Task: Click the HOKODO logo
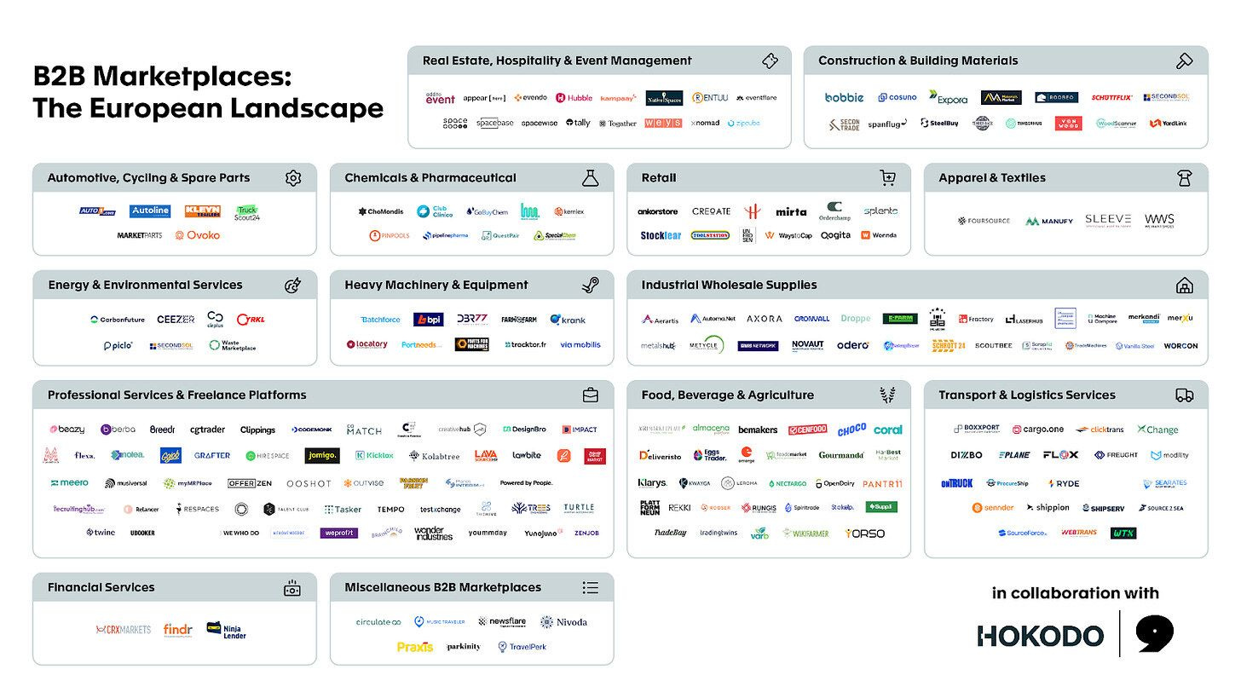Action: point(1040,635)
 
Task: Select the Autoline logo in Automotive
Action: point(150,211)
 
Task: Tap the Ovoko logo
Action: point(198,235)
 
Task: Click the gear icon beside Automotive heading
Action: point(293,178)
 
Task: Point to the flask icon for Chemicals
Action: point(590,178)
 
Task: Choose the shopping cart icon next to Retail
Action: point(887,178)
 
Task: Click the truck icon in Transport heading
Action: point(1184,395)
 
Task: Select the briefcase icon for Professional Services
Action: point(590,395)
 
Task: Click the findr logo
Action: point(178,630)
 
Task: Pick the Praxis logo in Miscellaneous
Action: point(415,647)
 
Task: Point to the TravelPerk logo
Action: point(522,647)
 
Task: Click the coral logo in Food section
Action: point(887,430)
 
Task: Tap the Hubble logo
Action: point(574,98)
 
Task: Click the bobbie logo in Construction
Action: point(844,98)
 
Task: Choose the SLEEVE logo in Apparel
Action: point(1108,220)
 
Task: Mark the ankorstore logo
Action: point(658,211)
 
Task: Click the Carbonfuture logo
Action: point(118,320)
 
